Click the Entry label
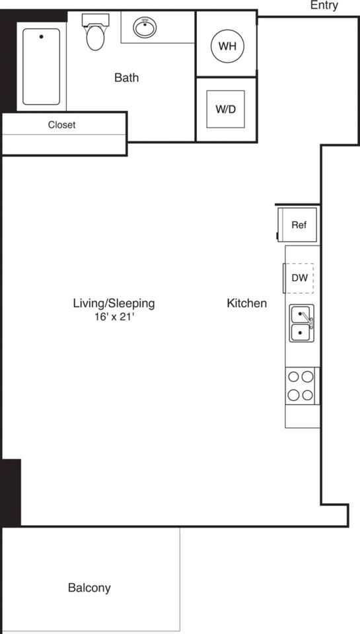324,6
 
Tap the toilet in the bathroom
95,37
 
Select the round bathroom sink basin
145,28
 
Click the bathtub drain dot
41,37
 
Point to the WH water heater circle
227,46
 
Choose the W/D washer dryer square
225,109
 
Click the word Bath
126,78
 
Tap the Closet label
61,125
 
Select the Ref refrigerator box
299,225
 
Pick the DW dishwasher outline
299,277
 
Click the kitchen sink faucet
307,322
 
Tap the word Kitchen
246,303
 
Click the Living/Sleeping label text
114,303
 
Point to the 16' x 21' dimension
115,316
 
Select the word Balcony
89,587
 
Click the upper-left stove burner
294,377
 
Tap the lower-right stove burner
307,395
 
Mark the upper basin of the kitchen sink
300,314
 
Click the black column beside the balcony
11,492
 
